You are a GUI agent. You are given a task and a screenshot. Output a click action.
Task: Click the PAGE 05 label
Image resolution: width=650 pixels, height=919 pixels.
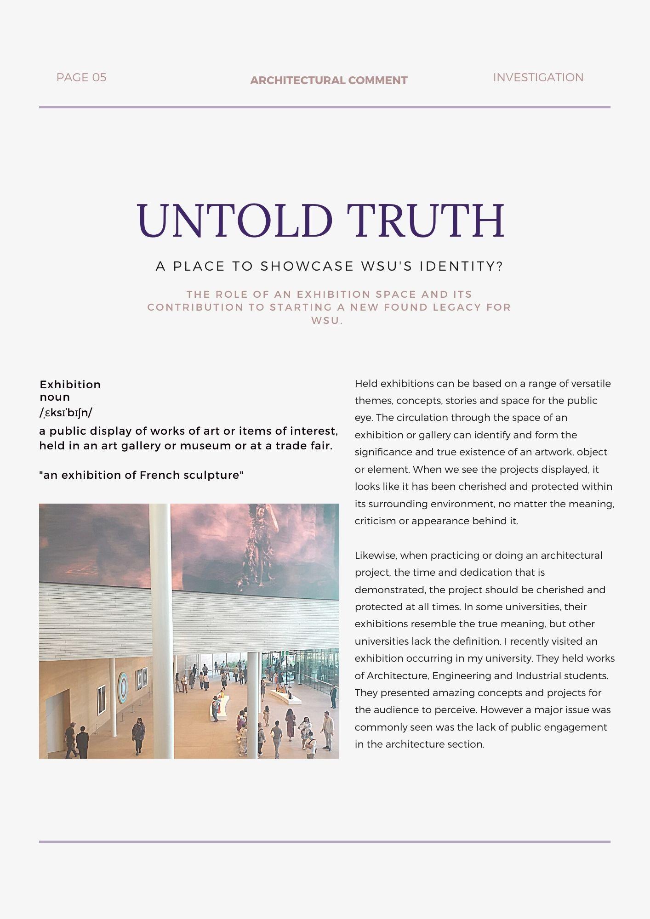coord(81,77)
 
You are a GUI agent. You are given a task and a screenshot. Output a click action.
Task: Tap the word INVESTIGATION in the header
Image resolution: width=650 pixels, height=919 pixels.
coord(538,77)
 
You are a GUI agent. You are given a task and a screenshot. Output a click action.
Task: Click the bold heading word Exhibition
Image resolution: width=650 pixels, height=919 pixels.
coord(70,385)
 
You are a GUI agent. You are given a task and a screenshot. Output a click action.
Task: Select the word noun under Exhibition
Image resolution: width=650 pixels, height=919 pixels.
coord(54,397)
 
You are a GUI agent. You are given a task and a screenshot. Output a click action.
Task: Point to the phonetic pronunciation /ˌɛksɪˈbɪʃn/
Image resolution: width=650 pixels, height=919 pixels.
coord(66,413)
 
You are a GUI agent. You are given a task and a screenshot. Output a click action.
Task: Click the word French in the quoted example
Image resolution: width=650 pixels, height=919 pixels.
coord(160,475)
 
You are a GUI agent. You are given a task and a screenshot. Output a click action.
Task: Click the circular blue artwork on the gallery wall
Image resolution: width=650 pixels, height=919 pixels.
coord(123,688)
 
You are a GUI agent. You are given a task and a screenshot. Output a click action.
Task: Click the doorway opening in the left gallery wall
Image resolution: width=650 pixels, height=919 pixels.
coord(58,719)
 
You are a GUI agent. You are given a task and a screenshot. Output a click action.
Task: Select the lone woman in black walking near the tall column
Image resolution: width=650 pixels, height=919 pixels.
coord(138,735)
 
